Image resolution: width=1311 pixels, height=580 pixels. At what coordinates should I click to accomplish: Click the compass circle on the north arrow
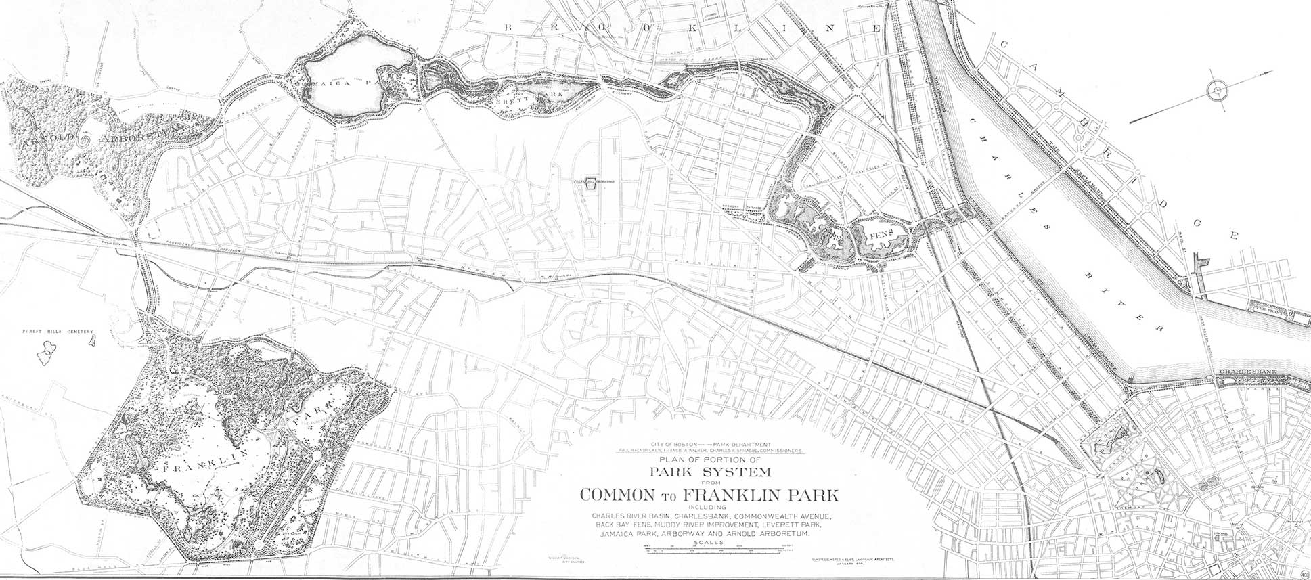[x=1216, y=89]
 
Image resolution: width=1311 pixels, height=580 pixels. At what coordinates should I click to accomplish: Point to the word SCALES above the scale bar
[x=708, y=543]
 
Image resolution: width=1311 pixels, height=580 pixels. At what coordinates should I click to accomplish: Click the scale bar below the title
[x=708, y=550]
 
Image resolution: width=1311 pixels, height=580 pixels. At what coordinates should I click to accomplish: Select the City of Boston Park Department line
[x=708, y=443]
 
